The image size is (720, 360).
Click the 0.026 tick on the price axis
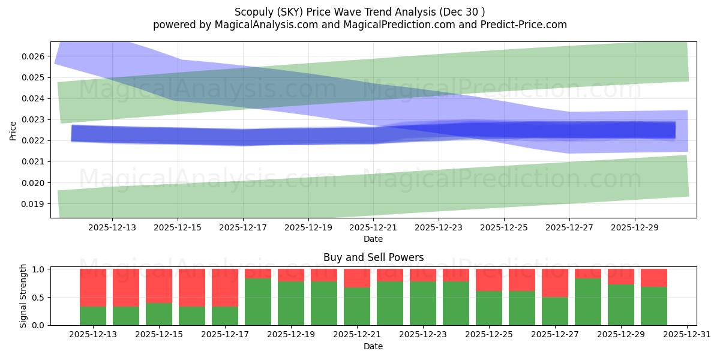click(x=34, y=56)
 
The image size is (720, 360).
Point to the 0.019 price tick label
click(x=34, y=204)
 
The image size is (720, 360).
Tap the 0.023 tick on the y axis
click(x=34, y=119)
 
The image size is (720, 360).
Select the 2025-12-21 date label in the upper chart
click(x=373, y=228)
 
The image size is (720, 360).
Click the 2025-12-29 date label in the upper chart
click(x=635, y=228)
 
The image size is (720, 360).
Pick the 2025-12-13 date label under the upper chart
click(x=112, y=228)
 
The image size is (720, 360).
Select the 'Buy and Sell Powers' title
click(x=373, y=257)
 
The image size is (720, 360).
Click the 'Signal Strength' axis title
click(x=23, y=296)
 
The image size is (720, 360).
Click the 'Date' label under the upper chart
click(x=373, y=239)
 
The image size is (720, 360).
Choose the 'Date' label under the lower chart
click(x=373, y=346)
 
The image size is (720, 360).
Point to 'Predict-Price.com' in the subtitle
click(x=520, y=25)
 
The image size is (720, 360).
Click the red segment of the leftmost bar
click(x=93, y=287)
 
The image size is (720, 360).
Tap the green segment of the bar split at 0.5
click(x=555, y=311)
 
